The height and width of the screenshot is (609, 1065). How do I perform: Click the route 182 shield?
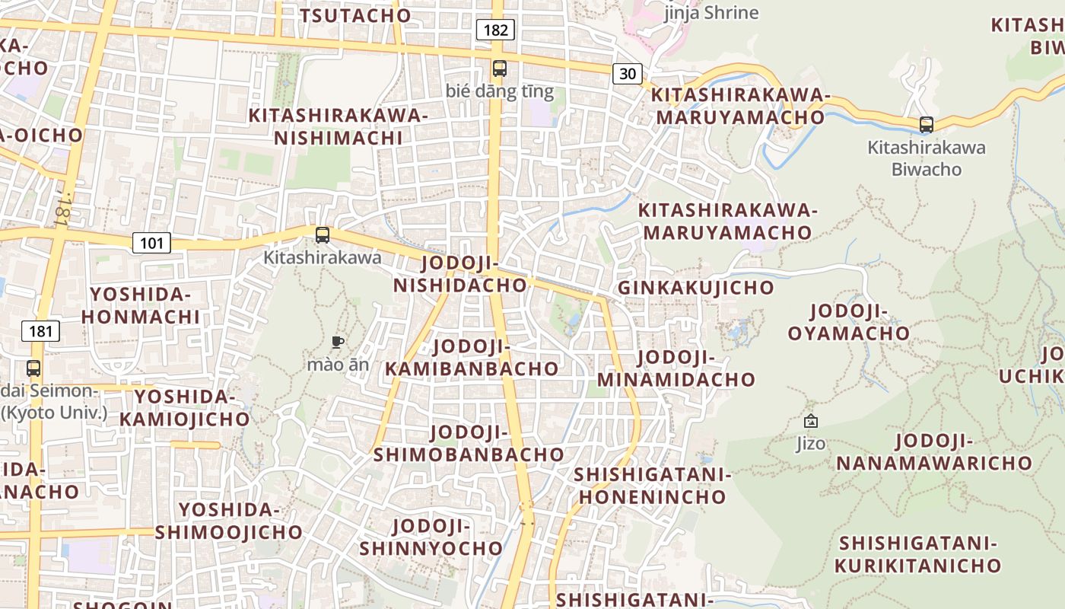tap(495, 30)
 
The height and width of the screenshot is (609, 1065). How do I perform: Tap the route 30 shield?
tap(628, 73)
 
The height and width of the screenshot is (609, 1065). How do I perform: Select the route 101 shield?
tap(151, 243)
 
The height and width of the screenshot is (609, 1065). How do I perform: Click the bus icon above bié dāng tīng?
tap(499, 68)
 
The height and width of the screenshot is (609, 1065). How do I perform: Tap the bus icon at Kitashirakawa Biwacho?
tap(926, 124)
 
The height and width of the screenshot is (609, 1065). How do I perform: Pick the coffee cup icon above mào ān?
tap(338, 342)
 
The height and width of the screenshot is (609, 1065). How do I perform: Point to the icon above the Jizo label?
tap(811, 421)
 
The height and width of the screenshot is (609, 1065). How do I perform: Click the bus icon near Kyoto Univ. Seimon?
tap(33, 368)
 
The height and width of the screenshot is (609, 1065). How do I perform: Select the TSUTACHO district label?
tap(355, 15)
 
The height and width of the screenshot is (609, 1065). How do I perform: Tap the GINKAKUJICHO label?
tap(695, 288)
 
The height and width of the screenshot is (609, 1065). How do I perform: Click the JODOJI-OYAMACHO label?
tap(848, 322)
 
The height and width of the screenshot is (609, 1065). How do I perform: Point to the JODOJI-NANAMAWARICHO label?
tap(933, 451)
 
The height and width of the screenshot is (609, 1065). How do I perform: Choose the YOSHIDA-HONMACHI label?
tap(141, 305)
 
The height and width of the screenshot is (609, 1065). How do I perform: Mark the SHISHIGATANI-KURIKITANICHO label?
tap(918, 554)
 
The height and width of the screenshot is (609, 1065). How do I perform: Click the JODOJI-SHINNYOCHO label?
tap(431, 537)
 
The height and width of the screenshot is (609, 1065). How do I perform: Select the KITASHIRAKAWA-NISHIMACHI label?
tap(339, 126)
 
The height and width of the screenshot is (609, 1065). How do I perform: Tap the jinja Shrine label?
tap(711, 12)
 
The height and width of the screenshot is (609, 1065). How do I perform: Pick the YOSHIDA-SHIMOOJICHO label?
tap(228, 521)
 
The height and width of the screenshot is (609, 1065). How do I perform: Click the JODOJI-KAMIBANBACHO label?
tap(472, 357)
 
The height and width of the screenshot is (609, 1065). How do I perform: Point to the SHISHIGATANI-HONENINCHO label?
tap(653, 486)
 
